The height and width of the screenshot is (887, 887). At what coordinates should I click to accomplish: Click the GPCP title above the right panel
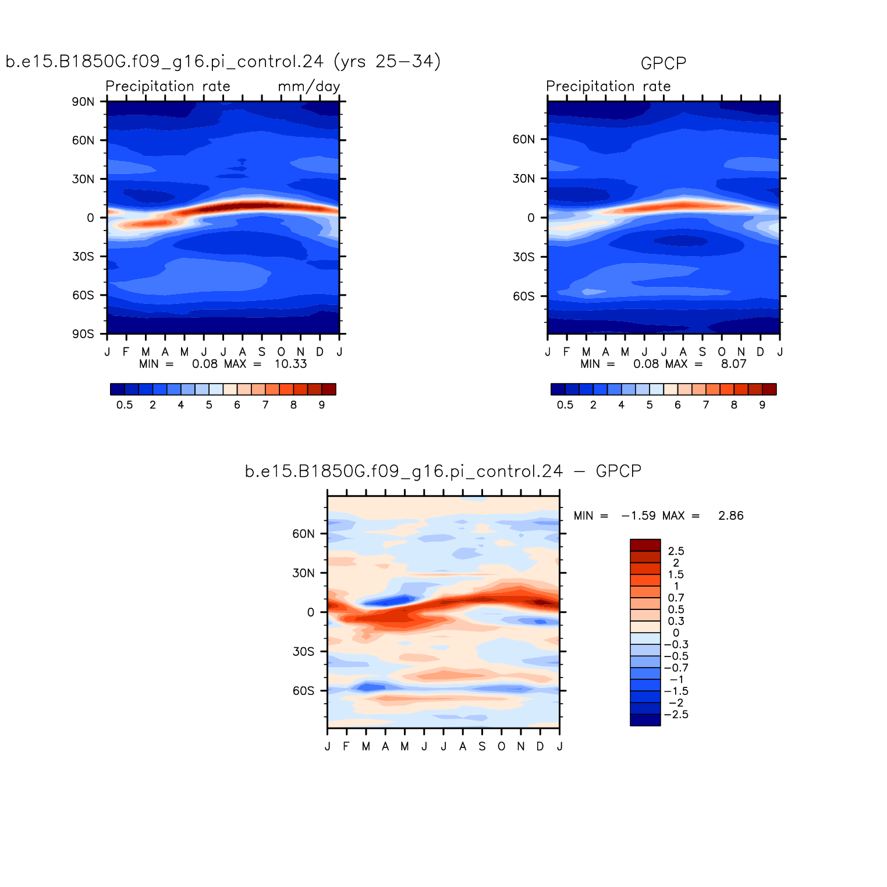tap(663, 63)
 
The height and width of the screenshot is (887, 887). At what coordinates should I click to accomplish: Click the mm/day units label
tap(308, 87)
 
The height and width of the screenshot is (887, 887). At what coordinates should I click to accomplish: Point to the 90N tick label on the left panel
tap(83, 102)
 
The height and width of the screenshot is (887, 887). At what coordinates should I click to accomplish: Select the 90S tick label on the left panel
tap(83, 334)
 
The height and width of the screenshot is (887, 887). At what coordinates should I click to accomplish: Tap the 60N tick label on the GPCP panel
tap(523, 140)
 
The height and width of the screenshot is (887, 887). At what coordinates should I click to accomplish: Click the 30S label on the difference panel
tap(303, 652)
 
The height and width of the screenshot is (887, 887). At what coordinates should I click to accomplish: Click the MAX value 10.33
tap(290, 364)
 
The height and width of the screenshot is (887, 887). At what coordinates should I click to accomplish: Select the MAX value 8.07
tap(733, 364)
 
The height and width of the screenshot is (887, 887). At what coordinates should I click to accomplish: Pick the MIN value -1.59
tap(638, 516)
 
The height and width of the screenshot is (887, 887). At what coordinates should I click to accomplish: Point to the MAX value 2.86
tap(730, 516)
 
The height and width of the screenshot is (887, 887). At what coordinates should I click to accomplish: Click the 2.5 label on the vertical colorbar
tap(676, 552)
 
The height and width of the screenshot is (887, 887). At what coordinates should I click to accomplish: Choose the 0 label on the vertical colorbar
tap(676, 633)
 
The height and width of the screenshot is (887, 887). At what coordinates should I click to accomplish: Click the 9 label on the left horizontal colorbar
tap(321, 405)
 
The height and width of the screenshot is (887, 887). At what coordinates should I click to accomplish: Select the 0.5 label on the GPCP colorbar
tap(565, 405)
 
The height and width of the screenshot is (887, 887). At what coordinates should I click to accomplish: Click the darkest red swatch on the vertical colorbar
tap(645, 545)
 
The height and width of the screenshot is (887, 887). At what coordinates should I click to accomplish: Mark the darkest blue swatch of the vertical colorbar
tap(645, 720)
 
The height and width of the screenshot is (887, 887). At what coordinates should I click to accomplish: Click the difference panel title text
tap(443, 471)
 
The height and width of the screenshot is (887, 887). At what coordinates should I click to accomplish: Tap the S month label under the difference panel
tap(482, 747)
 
